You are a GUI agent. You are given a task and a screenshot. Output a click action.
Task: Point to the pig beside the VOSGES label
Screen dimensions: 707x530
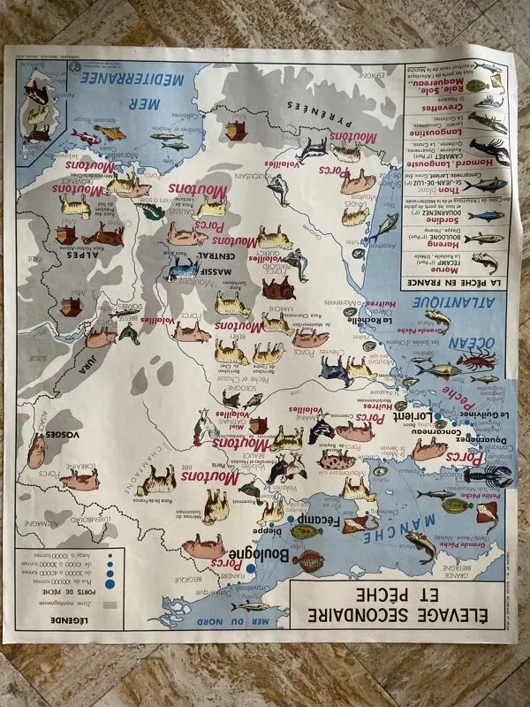coord(36,452)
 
